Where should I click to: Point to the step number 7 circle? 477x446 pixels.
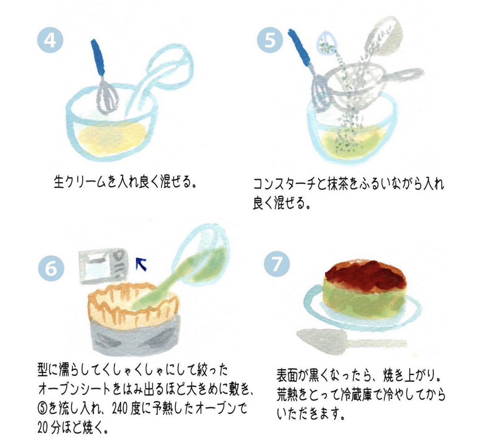(276, 264)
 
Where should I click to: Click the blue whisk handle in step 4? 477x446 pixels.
(98, 58)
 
